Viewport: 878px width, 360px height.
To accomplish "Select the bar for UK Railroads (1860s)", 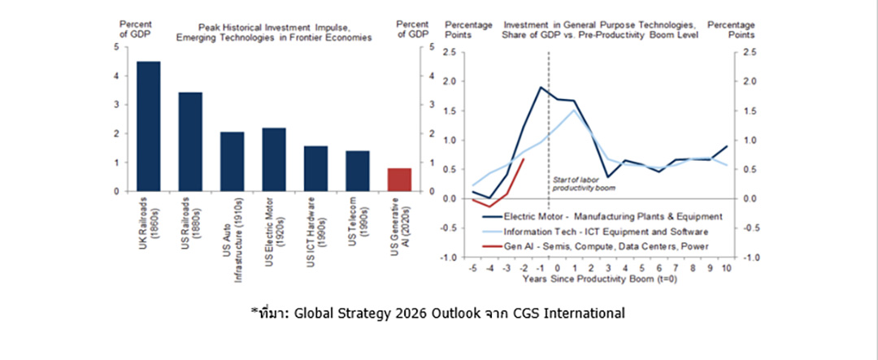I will (x=148, y=127).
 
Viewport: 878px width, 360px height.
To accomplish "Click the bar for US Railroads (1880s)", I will (x=189, y=142).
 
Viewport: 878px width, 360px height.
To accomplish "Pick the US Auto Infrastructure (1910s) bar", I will (x=232, y=162).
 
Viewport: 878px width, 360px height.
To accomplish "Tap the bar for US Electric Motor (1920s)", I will (x=274, y=159).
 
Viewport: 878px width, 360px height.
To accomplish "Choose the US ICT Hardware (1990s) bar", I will (x=315, y=169).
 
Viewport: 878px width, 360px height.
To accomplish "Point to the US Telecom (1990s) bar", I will (x=357, y=171).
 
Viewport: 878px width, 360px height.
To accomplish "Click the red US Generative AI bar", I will (x=399, y=180).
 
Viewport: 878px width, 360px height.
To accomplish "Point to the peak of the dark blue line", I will (x=541, y=87).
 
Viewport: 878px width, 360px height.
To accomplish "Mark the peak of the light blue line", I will (x=575, y=111).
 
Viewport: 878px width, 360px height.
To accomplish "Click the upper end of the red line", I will (x=524, y=159).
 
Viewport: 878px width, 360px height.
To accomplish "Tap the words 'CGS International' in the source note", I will (x=576, y=312).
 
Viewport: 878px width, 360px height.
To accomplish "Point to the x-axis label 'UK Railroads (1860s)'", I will (x=147, y=224).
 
